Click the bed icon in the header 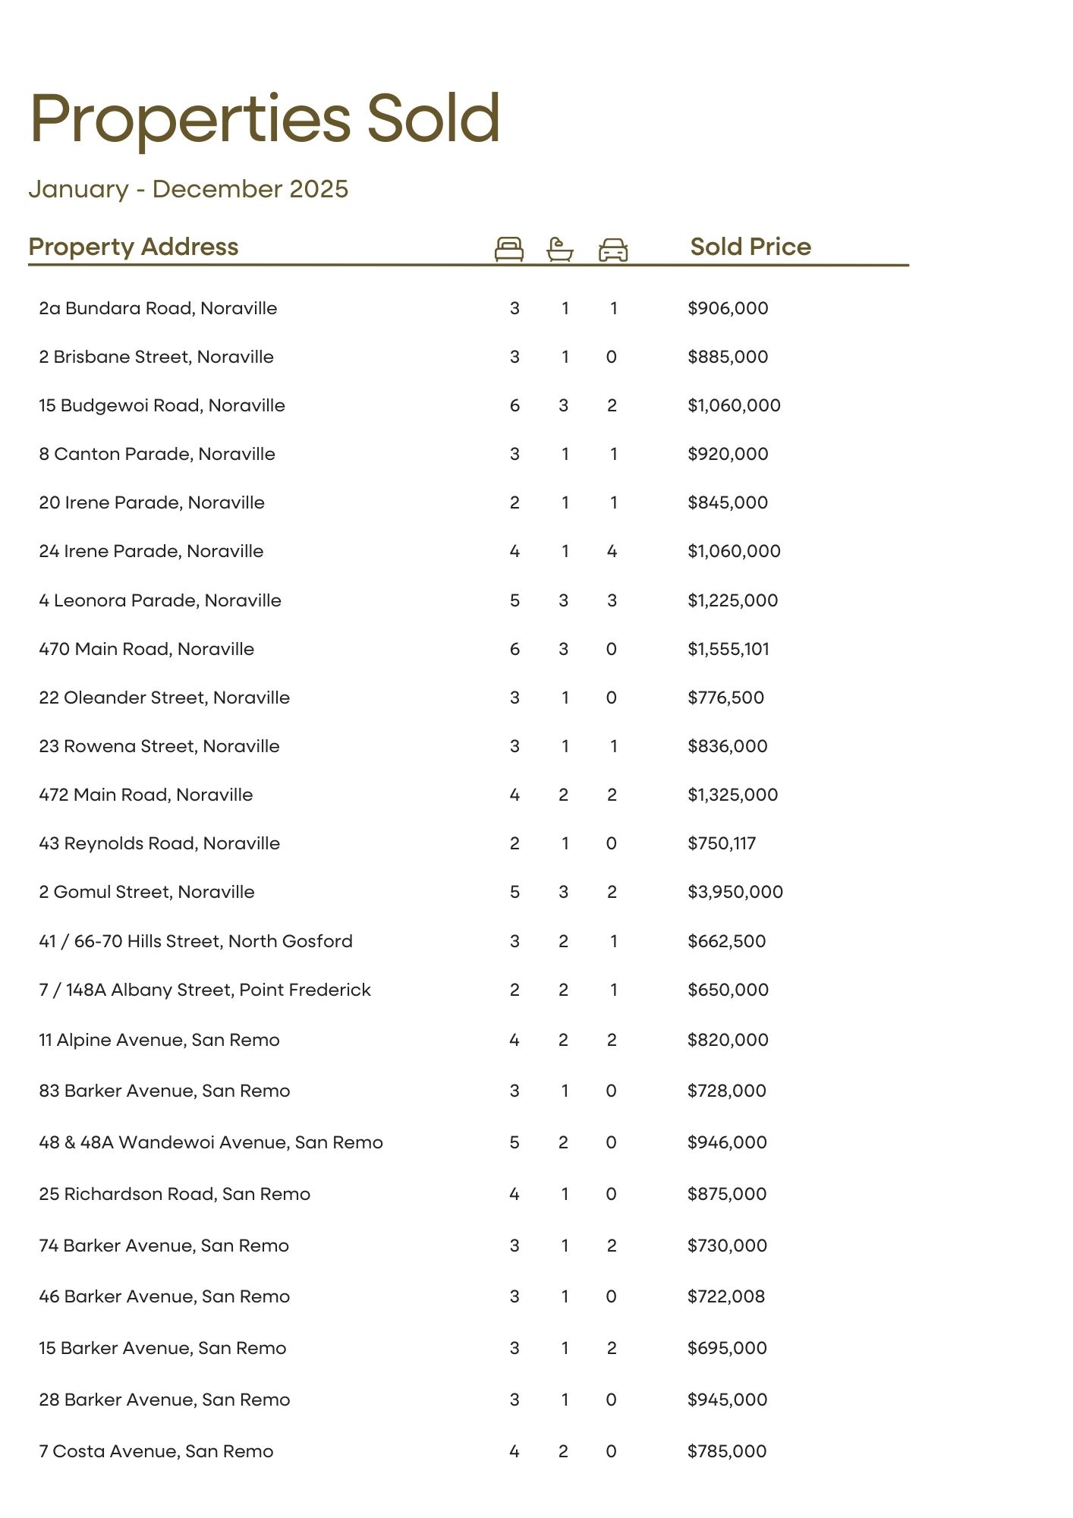tap(508, 249)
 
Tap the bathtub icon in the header tap(560, 249)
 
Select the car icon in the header tap(613, 250)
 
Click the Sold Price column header tap(750, 247)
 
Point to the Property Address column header tap(134, 247)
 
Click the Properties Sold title tap(265, 118)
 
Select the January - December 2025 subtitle tap(188, 189)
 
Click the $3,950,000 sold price tap(735, 892)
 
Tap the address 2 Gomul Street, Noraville tap(146, 892)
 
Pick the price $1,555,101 tap(728, 649)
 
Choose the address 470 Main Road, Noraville tap(146, 649)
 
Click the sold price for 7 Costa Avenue tap(727, 1451)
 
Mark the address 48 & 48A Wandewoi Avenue tap(211, 1142)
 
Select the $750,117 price tap(722, 843)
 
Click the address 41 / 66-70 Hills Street tap(196, 941)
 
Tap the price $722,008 tap(726, 1296)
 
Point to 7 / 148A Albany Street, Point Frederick tap(205, 990)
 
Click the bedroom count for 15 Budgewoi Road tap(514, 405)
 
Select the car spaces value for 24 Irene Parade tap(612, 551)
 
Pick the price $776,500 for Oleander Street tap(725, 698)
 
